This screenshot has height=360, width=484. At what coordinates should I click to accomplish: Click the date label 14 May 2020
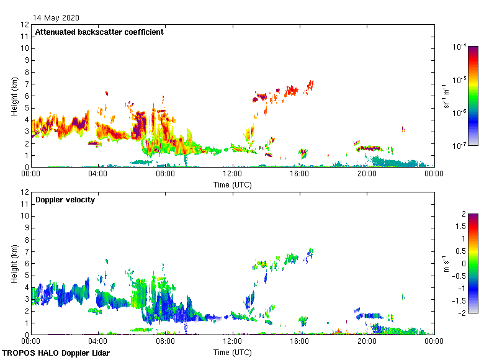click(x=56, y=18)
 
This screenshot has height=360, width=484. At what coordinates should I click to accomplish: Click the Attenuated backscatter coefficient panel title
click(x=99, y=32)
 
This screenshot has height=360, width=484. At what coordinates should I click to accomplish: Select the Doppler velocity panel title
click(x=65, y=200)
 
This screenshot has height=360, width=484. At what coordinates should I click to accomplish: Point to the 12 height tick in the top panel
click(x=25, y=25)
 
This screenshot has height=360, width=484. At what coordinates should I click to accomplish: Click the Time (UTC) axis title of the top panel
click(x=232, y=184)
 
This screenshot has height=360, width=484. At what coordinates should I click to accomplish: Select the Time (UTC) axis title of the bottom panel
click(x=232, y=352)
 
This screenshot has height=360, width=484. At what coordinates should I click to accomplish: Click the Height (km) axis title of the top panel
click(x=14, y=96)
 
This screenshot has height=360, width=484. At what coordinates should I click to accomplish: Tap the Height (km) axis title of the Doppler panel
click(x=14, y=264)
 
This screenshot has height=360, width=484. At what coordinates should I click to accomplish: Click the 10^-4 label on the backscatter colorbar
click(x=460, y=47)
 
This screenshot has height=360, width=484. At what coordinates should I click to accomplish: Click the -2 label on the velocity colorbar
click(x=462, y=313)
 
